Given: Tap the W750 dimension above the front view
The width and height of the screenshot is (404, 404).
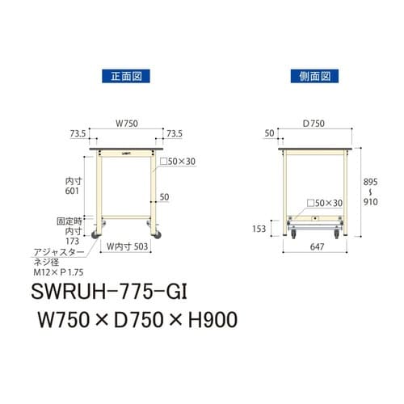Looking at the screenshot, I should point(125,124).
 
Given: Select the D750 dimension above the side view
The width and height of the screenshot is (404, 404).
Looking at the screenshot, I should point(314,124).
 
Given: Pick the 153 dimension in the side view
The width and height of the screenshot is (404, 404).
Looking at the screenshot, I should point(259,229).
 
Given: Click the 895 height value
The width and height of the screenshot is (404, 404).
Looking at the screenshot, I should point(371,183).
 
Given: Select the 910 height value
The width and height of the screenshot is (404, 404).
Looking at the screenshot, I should point(371,204).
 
